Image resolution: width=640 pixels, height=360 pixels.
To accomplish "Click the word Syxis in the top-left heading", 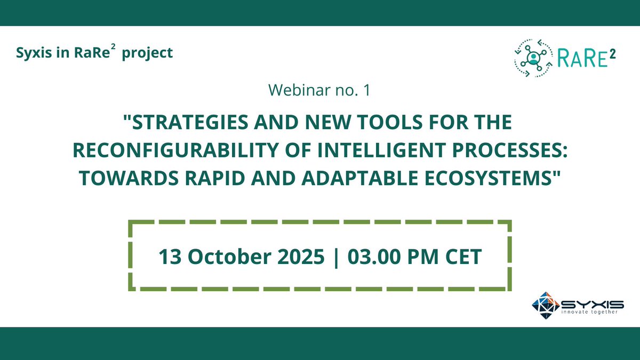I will tap(33, 53).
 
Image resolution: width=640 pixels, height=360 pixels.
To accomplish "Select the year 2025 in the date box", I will tap(299, 257).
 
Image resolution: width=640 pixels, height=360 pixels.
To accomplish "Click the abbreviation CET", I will tap(462, 257).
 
